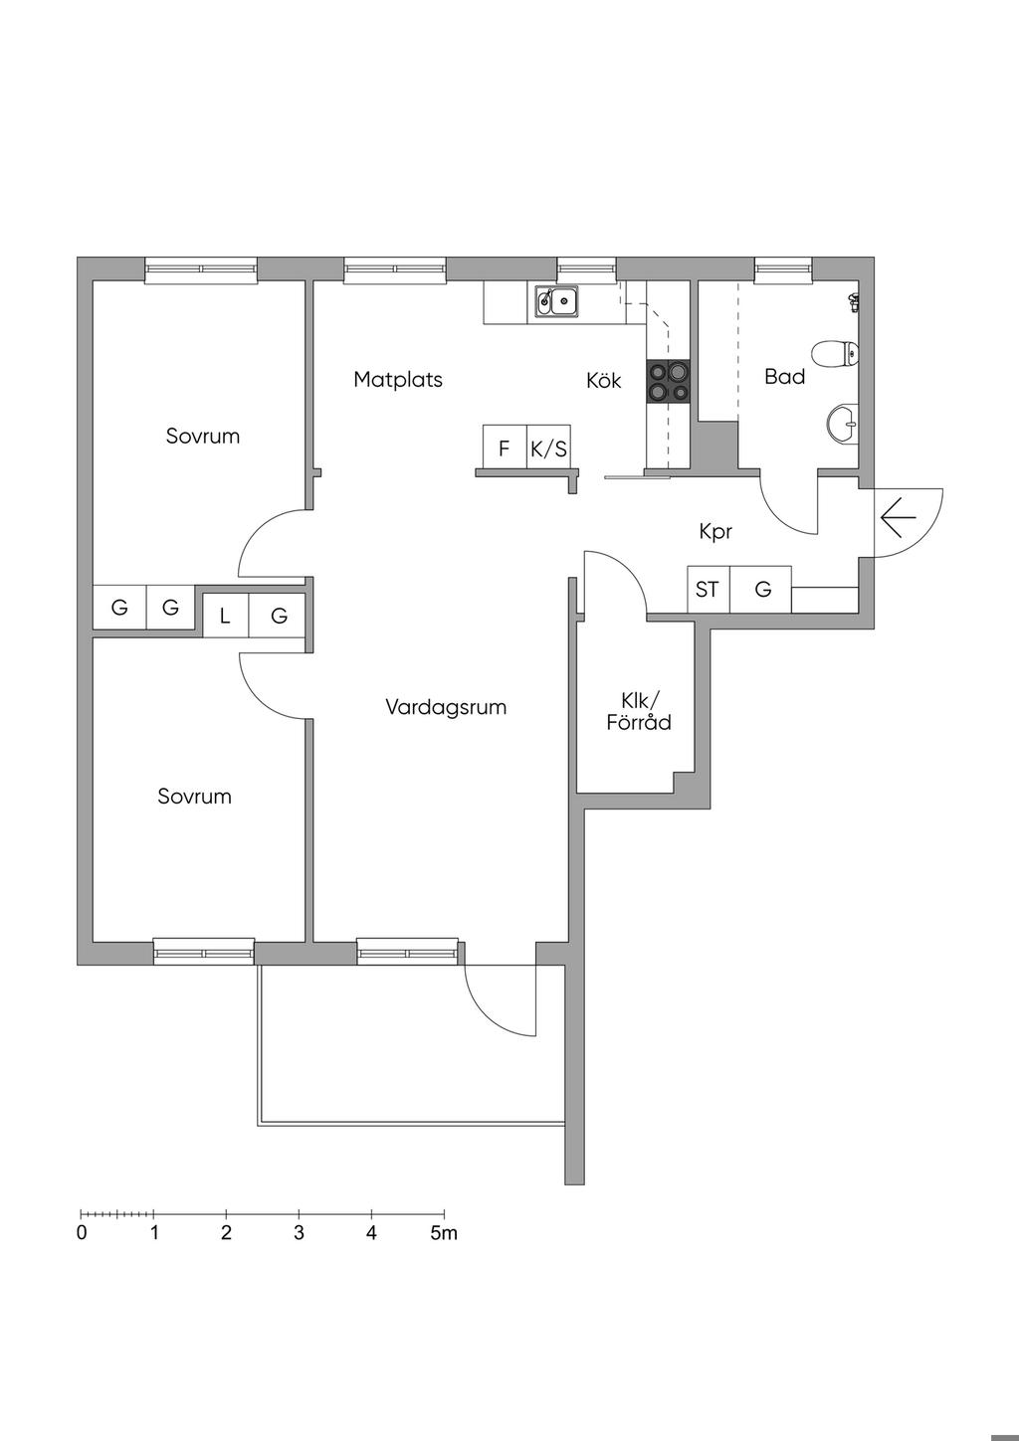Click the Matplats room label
click(x=398, y=380)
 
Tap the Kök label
click(x=603, y=380)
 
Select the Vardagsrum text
click(x=446, y=707)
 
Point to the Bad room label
click(x=784, y=376)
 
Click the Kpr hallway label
click(x=715, y=531)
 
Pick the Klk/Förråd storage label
click(x=639, y=711)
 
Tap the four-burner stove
click(x=668, y=382)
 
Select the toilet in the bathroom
click(x=836, y=353)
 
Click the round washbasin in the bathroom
click(x=842, y=424)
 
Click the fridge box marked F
click(x=505, y=448)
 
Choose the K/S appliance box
click(x=548, y=448)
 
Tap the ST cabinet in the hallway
click(x=709, y=590)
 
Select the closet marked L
click(x=225, y=616)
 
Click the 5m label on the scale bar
click(x=444, y=1232)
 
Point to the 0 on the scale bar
click(x=82, y=1232)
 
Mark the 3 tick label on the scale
click(x=299, y=1232)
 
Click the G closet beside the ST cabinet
click(x=761, y=590)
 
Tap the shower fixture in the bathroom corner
click(x=854, y=301)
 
